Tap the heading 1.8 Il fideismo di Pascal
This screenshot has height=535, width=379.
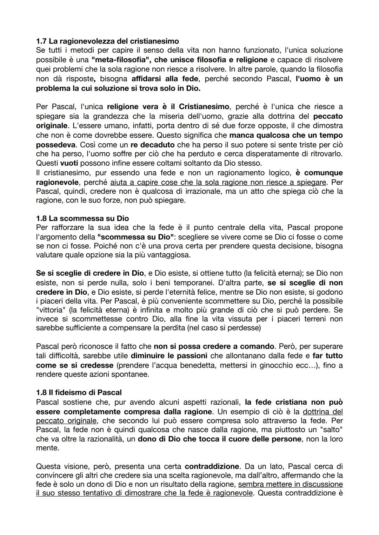[79, 392]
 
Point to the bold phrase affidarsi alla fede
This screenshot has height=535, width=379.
[165, 79]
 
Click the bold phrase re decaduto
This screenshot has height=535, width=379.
[152, 144]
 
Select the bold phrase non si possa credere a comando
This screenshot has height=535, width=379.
[214, 347]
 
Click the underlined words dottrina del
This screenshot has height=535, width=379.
[323, 412]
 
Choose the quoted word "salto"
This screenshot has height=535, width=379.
[330, 430]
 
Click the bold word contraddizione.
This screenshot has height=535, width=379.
[212, 467]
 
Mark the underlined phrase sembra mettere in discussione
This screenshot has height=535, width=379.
[290, 484]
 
